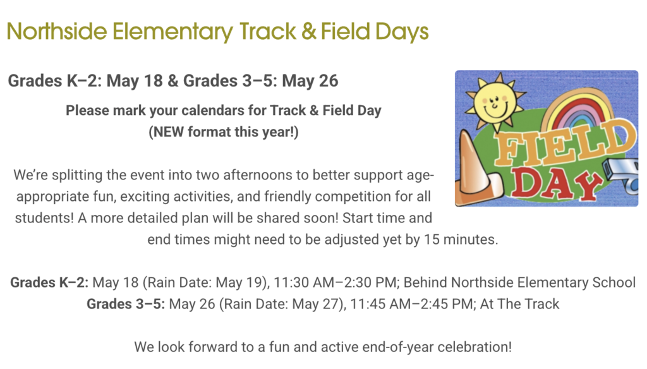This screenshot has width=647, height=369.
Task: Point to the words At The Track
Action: click(x=519, y=304)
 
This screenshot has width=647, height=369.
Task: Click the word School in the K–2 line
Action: click(x=614, y=282)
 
